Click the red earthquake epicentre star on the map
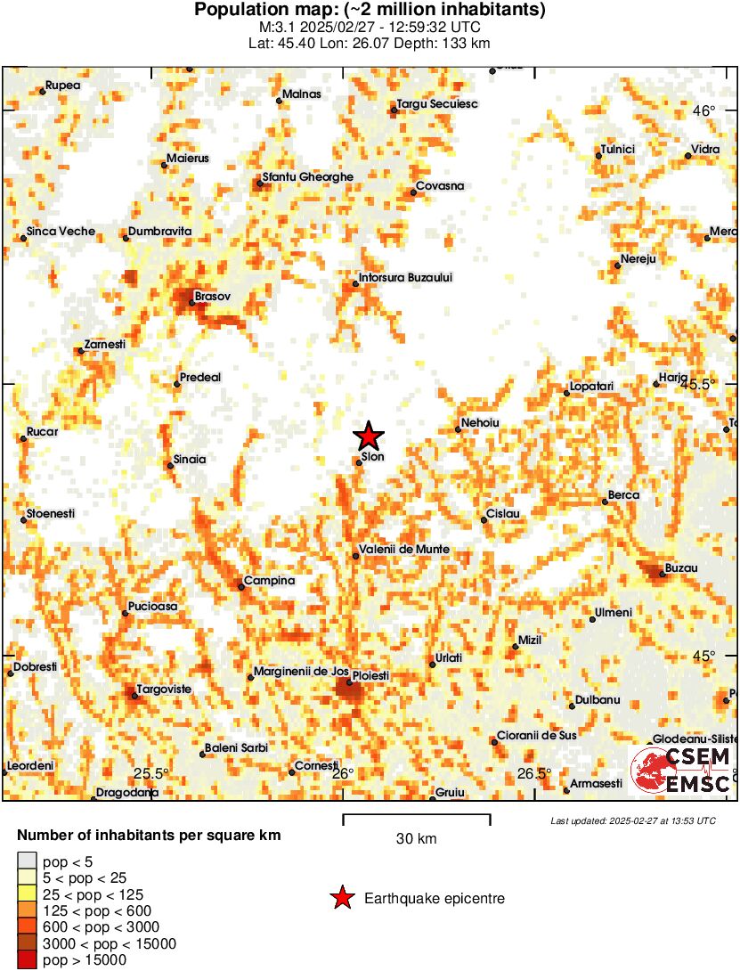(369, 437)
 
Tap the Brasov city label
(213, 296)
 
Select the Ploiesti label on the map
(371, 676)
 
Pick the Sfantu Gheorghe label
(307, 176)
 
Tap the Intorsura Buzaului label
(405, 277)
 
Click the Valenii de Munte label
(403, 549)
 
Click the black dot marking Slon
(359, 462)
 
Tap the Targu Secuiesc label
(437, 104)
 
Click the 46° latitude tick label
(704, 110)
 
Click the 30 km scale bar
(417, 815)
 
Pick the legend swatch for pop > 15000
(27, 959)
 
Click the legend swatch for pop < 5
(27, 861)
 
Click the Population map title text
(370, 11)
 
